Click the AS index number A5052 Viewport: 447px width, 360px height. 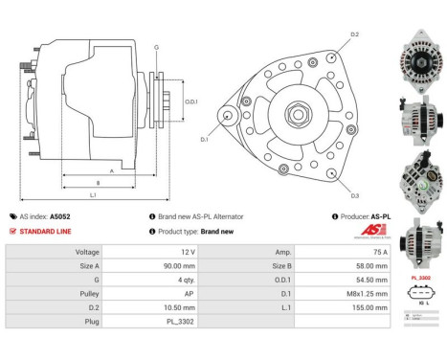[87, 217]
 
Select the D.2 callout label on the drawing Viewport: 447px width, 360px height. [353, 34]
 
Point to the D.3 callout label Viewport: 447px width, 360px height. [353, 195]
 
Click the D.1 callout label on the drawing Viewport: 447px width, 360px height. [204, 140]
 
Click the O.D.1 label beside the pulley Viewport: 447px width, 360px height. [191, 101]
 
